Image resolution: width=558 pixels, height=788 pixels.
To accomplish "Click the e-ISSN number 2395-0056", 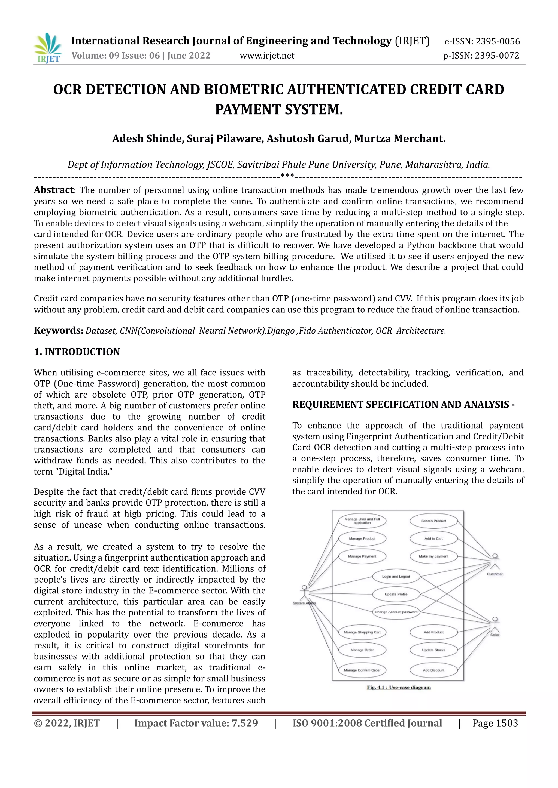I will (498, 42).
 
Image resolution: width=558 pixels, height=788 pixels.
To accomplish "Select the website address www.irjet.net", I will (267, 56).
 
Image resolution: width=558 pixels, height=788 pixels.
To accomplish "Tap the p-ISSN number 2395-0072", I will (497, 56).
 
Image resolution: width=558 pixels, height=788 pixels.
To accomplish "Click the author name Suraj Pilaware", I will (225, 139).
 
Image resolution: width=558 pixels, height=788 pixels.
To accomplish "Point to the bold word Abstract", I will (54, 190).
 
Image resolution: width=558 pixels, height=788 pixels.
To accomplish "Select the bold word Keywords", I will (58, 331).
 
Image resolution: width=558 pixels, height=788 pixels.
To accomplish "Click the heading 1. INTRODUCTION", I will (77, 352).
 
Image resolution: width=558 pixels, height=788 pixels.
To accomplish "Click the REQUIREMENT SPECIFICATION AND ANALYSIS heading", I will (403, 405).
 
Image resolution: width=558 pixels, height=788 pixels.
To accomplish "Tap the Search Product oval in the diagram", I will (433, 521).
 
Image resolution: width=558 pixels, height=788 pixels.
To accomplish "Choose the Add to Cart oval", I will (433, 538).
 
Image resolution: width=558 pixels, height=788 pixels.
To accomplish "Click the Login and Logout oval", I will (396, 577).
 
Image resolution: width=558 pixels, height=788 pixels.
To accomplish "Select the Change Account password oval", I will (396, 612).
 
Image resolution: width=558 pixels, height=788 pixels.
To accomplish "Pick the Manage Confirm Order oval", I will (362, 670).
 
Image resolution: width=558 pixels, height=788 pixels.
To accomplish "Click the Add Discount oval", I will (433, 670).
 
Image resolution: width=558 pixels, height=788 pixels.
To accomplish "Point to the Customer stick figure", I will (495, 561).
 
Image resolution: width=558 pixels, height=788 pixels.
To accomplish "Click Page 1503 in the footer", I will (495, 723).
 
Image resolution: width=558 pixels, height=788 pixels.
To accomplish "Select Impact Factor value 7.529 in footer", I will (196, 723).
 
